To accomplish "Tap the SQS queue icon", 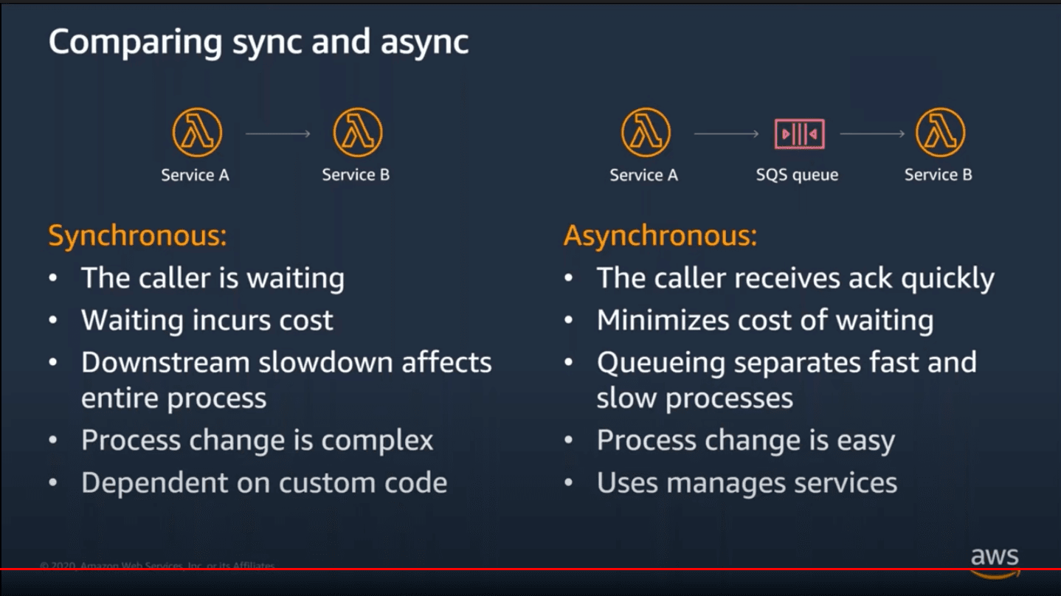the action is click(800, 134).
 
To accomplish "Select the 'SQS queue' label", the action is click(797, 175).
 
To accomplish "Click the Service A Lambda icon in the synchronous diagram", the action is click(196, 133).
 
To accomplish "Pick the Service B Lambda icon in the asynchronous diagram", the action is click(940, 133).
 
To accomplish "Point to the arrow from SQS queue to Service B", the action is click(872, 134).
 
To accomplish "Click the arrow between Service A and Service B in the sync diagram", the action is click(278, 134).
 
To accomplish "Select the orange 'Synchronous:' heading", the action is click(137, 235).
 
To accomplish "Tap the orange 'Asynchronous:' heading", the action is click(660, 235).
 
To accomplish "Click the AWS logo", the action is click(995, 562).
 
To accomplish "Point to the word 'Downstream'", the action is click(165, 363).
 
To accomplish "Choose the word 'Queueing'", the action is click(661, 364).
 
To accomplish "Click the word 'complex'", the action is click(377, 441).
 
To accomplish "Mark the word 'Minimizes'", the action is click(663, 320).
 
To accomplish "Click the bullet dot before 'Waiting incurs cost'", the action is click(53, 320).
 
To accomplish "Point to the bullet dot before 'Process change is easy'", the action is click(568, 440).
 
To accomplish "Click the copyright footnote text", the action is click(157, 565).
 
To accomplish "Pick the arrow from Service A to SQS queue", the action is click(727, 134).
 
